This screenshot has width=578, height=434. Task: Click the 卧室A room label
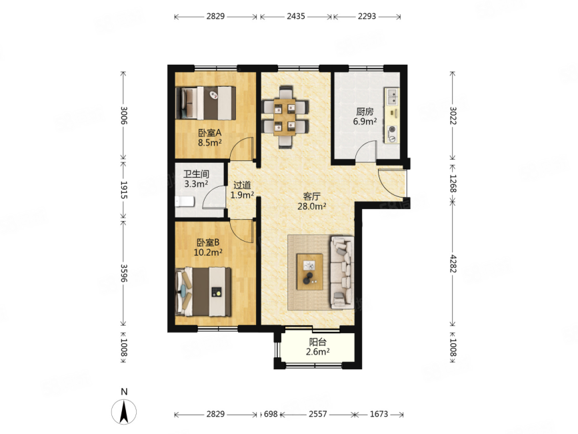pyautogui.click(x=209, y=132)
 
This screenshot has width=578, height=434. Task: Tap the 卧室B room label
pyautogui.click(x=208, y=242)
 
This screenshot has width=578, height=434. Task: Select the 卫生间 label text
pyautogui.click(x=196, y=174)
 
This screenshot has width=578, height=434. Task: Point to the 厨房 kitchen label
pyautogui.click(x=365, y=112)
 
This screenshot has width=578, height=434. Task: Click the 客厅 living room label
pyautogui.click(x=311, y=196)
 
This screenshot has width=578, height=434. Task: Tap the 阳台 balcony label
pyautogui.click(x=317, y=342)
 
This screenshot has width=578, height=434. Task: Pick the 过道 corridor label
pyautogui.click(x=242, y=185)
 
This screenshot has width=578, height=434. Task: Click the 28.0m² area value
pyautogui.click(x=311, y=206)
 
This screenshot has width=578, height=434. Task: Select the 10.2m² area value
pyautogui.click(x=208, y=252)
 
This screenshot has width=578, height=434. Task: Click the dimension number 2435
pyautogui.click(x=296, y=16)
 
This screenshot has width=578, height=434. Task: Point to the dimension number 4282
pyautogui.click(x=453, y=264)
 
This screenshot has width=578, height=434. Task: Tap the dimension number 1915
pyautogui.click(x=124, y=190)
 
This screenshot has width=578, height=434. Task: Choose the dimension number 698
pyautogui.click(x=271, y=414)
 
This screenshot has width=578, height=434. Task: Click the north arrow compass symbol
pyautogui.click(x=124, y=411)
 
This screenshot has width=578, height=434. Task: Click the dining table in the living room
pyautogui.click(x=285, y=118)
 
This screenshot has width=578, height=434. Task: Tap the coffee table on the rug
pyautogui.click(x=310, y=272)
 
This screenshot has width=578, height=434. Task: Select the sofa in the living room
pyautogui.click(x=342, y=272)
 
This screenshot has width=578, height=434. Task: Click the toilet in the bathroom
pyautogui.click(x=184, y=202)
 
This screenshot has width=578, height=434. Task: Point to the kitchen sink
pyautogui.click(x=392, y=97)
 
